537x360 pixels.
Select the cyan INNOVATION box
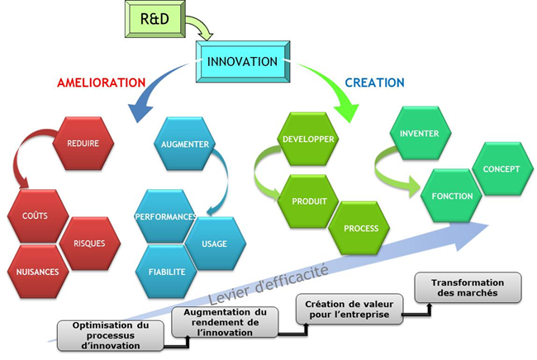point(242,62)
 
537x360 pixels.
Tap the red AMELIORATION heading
point(101,83)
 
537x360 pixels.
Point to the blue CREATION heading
point(374,83)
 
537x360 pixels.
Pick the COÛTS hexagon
point(35,216)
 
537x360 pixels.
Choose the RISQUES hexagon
point(88,244)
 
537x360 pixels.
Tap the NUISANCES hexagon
point(36,271)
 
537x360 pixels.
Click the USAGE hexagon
point(213,244)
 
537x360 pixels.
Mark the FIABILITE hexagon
point(166,271)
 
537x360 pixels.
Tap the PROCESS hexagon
point(360,228)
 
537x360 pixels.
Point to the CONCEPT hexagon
point(501,168)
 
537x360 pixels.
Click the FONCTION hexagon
point(452,197)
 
